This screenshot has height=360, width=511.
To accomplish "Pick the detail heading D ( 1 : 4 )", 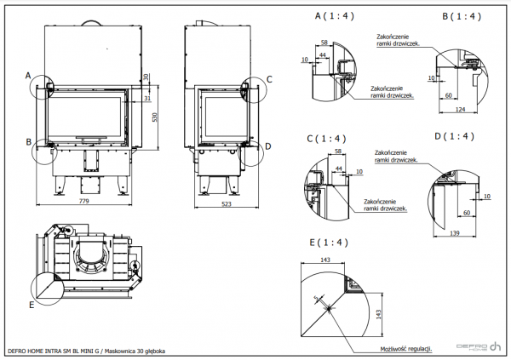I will [452, 136].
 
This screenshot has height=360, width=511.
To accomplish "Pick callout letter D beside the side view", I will [268, 146].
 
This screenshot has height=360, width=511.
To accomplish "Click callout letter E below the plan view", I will [33, 304].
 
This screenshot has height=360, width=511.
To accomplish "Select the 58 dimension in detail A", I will [324, 42].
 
